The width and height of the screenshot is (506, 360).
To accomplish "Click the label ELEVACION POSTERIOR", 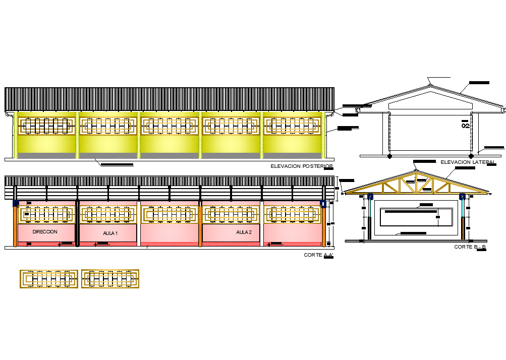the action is click(302, 166).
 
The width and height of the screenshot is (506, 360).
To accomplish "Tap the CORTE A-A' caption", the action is click(318, 255).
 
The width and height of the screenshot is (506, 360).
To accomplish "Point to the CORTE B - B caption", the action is click(470, 247).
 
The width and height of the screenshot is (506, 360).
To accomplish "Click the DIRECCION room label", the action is click(45, 232).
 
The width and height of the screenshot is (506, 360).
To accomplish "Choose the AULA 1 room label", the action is click(109, 233).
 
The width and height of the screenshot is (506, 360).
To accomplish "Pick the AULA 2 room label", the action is click(244, 232).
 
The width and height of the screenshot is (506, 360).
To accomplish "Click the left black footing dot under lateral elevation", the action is click(389, 156).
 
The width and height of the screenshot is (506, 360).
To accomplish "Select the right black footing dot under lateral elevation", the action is click(471, 156).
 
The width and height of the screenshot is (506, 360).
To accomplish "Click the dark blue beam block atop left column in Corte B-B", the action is click(370, 197).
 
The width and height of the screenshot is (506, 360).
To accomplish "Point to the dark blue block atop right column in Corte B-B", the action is click(462, 197).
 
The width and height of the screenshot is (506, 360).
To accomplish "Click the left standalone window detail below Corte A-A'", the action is click(49, 279).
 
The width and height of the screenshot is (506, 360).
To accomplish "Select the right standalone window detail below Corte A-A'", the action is click(110, 279).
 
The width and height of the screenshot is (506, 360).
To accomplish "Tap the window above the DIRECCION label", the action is click(47, 215).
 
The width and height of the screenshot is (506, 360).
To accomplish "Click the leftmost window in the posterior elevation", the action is click(47, 126).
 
